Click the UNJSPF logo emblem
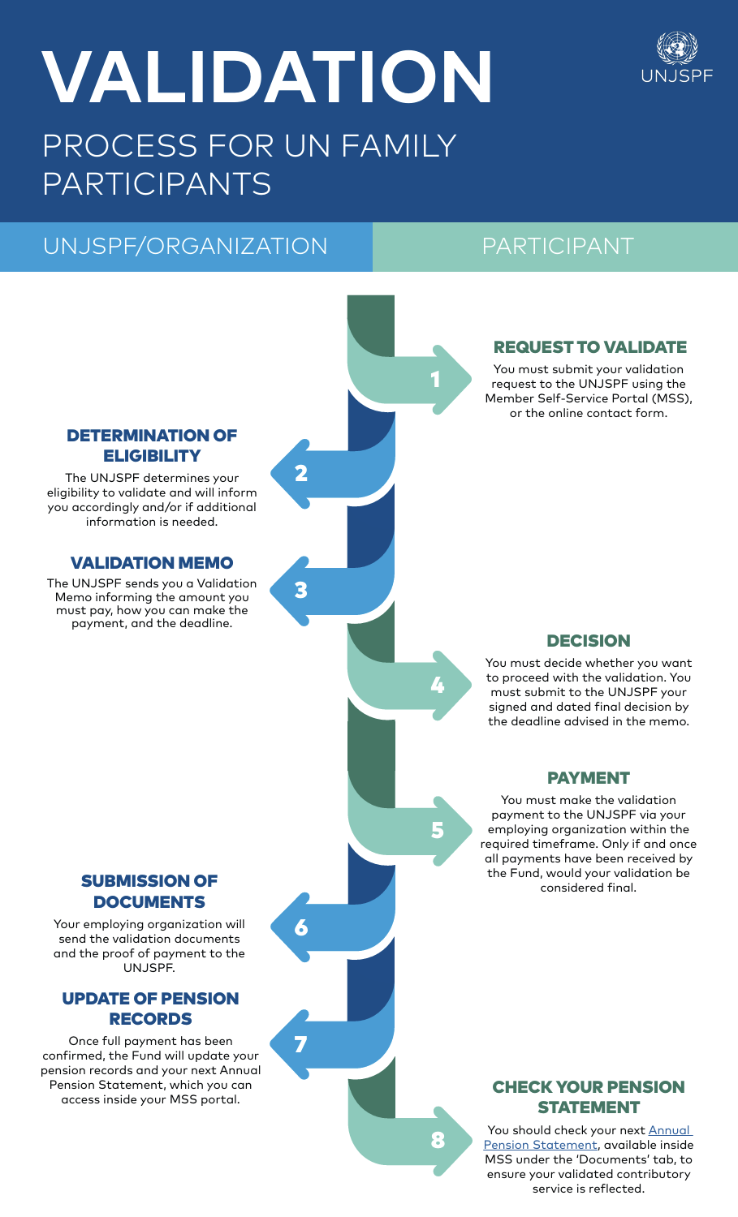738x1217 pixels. point(676,49)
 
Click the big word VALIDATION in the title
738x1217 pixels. point(267,78)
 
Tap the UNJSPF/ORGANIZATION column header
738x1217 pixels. point(185,246)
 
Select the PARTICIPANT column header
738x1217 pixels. point(557,246)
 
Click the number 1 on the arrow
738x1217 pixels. point(436,379)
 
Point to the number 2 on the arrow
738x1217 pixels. point(301,473)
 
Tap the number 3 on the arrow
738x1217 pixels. point(301,590)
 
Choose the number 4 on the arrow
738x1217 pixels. point(438,686)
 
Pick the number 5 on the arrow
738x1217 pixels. point(438,830)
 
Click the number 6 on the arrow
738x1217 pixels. point(301,927)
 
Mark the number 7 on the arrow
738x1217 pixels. point(301,1044)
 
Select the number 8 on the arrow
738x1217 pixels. point(438,1140)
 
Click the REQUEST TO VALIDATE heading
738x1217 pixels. point(589,347)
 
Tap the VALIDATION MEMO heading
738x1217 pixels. point(152,563)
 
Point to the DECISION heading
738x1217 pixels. point(589,641)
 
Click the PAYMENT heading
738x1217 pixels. point(589,778)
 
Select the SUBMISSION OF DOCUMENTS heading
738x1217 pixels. point(149,891)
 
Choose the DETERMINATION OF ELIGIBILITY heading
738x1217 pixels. point(152,445)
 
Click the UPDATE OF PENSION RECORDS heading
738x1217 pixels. point(150,1008)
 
